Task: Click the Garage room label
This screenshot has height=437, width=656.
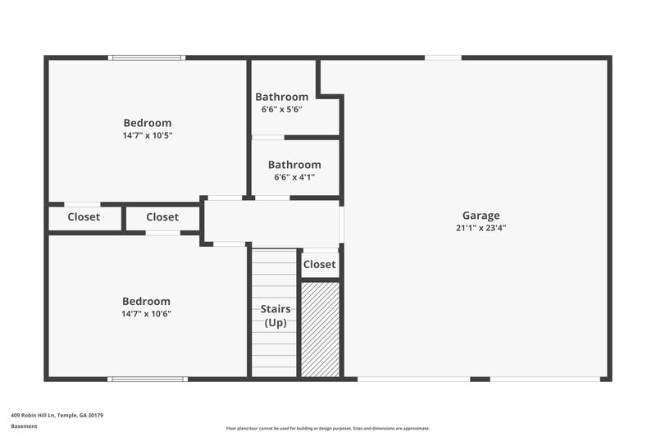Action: pos(481,216)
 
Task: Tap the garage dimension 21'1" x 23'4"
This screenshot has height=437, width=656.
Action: pos(481,228)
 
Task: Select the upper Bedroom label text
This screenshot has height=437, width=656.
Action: pos(148,123)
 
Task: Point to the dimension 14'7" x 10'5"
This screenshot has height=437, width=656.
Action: pos(148,135)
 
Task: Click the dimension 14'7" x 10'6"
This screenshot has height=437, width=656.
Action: pos(147,313)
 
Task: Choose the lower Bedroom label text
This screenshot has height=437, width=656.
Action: pos(147,301)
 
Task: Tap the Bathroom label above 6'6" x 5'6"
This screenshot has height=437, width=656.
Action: pos(282,97)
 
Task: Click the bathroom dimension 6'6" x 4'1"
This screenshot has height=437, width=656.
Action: pos(294,176)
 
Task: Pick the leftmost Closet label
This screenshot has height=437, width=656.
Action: pos(84,217)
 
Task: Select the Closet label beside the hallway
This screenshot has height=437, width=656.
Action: pos(162,217)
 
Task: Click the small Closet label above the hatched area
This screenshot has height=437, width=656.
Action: pos(320,264)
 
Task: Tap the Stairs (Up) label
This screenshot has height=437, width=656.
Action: pos(276,316)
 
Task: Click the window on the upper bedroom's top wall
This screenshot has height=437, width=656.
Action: pos(147,57)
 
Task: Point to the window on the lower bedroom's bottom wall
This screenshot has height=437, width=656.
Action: pos(148,379)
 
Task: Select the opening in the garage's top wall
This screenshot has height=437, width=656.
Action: pos(443,57)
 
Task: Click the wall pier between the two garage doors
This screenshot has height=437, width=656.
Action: pos(480,379)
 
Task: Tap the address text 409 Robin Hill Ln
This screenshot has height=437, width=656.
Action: pos(57,415)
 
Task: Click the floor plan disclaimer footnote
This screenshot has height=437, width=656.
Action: pos(328,428)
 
